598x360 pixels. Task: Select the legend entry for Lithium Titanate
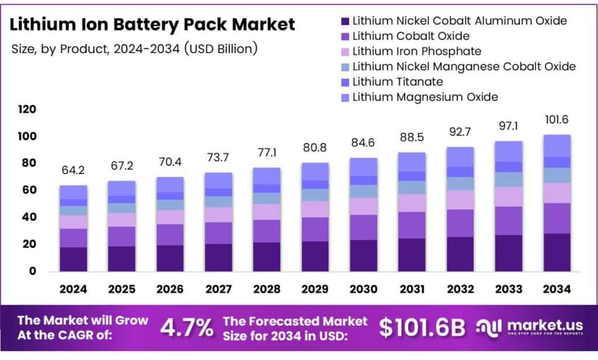coord(397,81)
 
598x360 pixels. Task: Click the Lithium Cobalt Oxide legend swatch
coord(345,36)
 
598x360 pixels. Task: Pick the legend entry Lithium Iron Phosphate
coord(416,51)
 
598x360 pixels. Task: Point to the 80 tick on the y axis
coord(29,163)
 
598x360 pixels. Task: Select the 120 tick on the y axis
coord(27,109)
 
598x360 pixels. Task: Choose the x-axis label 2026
coord(169,289)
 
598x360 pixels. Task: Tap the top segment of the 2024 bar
coord(73,192)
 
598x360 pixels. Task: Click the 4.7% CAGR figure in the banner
coord(187,328)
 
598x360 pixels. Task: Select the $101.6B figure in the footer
coord(422,328)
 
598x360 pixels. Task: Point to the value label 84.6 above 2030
coord(363,143)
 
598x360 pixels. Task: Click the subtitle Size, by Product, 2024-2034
coord(134,49)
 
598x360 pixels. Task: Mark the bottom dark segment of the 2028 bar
coord(266,257)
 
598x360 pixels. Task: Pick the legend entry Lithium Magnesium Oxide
coord(425,96)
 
